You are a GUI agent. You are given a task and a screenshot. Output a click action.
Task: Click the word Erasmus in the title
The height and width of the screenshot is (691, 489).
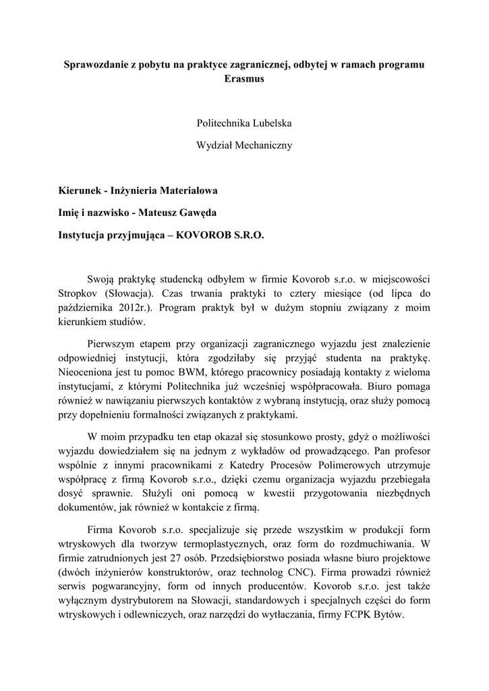pos(244,79)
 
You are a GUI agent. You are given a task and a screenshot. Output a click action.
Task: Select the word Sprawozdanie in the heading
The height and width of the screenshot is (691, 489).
pos(96,65)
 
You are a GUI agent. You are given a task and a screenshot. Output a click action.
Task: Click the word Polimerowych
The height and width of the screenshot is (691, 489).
pos(347,464)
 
